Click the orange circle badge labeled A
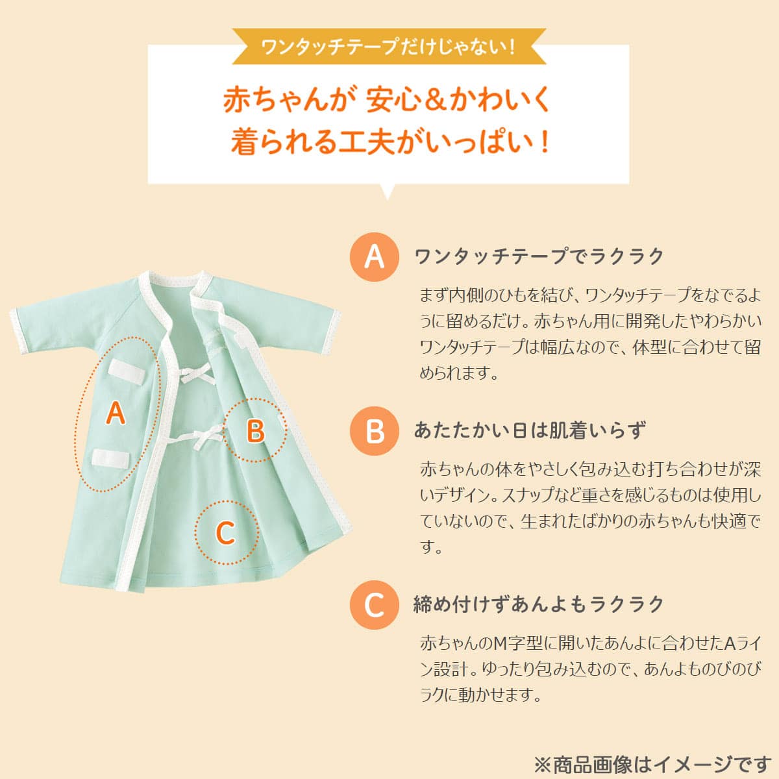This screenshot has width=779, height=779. (x=375, y=256)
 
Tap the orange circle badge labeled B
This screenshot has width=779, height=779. (x=375, y=431)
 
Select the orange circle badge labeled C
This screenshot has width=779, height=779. (x=375, y=605)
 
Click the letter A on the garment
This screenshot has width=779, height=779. (x=116, y=413)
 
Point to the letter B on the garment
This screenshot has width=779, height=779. (x=256, y=430)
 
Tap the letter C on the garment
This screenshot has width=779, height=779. (x=225, y=533)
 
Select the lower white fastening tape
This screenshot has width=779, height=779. (x=110, y=458)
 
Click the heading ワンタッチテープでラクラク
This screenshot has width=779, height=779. (x=539, y=256)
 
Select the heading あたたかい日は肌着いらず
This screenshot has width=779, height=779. (x=529, y=431)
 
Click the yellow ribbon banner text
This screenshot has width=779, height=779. (x=388, y=47)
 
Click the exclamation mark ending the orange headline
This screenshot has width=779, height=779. (x=544, y=142)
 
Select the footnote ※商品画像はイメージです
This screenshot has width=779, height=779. (x=652, y=763)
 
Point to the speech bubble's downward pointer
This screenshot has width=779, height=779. (x=388, y=192)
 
